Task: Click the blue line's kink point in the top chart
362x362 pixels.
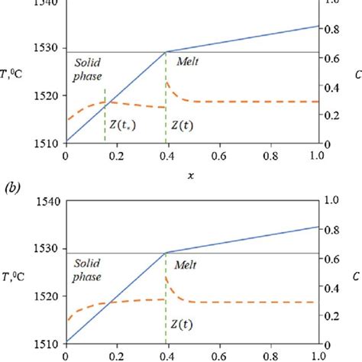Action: pyautogui.click(x=166, y=52)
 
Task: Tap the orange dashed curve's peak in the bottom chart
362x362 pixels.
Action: pyautogui.click(x=166, y=276)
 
